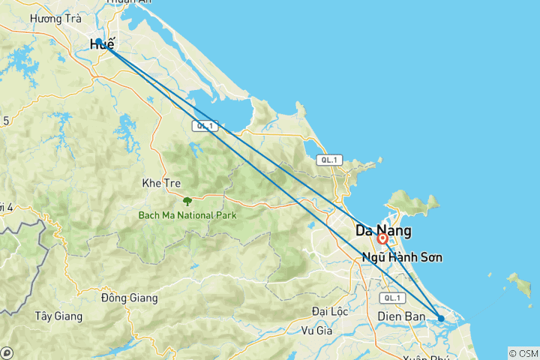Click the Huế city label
(103, 45)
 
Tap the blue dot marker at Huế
(98, 41)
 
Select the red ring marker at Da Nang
(382, 239)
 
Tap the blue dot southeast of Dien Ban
(441, 319)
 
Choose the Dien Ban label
(402, 317)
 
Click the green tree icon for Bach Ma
(187, 201)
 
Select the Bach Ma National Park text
(187, 215)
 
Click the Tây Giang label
(58, 316)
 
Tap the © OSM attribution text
(523, 353)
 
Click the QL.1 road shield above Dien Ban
(390, 298)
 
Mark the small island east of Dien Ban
(518, 284)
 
